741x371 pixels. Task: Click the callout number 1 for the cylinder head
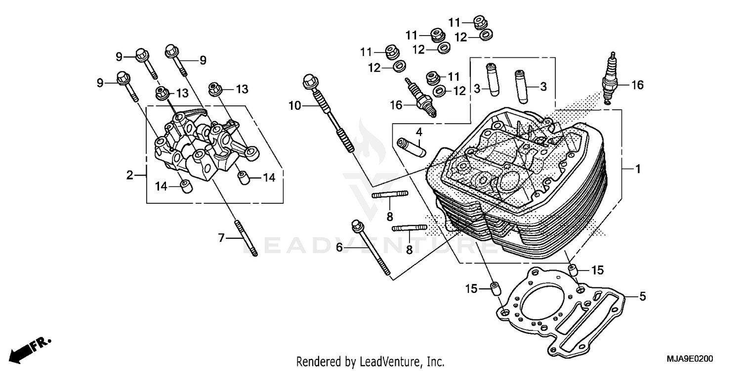pyautogui.click(x=637, y=169)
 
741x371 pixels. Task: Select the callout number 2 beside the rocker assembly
pyautogui.click(x=129, y=175)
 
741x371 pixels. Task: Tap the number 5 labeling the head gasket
pyautogui.click(x=642, y=296)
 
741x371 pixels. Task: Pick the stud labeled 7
pyautogui.click(x=245, y=238)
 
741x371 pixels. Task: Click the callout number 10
pyautogui.click(x=294, y=105)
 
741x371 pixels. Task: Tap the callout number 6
pyautogui.click(x=339, y=246)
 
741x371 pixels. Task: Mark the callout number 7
pyautogui.click(x=222, y=238)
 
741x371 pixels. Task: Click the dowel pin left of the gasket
pyautogui.click(x=494, y=288)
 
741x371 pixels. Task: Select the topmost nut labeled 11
pyautogui.click(x=479, y=21)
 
